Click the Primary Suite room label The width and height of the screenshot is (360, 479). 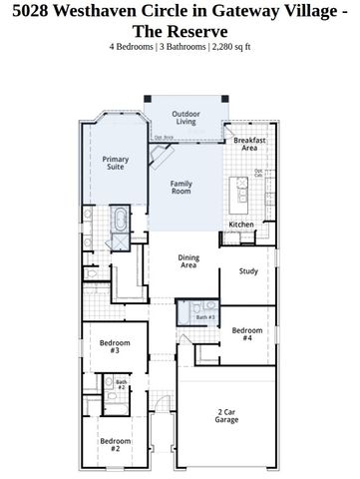tap(116, 164)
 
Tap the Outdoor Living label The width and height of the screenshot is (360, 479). tap(186, 119)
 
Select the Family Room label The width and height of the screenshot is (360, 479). tap(180, 188)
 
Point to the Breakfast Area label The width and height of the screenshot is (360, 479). tap(249, 146)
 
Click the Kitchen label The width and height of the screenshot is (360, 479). tap(241, 225)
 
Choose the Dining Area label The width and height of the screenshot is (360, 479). tap(187, 261)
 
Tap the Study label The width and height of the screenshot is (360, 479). tap(249, 270)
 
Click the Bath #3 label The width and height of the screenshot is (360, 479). tap(204, 317)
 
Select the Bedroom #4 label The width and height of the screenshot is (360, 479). tap(248, 334)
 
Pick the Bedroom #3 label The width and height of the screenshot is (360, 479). tap(110, 347)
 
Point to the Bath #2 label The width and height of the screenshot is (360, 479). tap(122, 384)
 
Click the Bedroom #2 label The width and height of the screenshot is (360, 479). tap(110, 444)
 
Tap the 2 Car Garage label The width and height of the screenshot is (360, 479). tap(226, 416)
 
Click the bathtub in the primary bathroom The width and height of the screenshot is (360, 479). tap(119, 220)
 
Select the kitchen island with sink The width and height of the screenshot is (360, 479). tap(239, 191)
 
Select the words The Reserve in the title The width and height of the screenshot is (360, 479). tap(180, 32)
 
